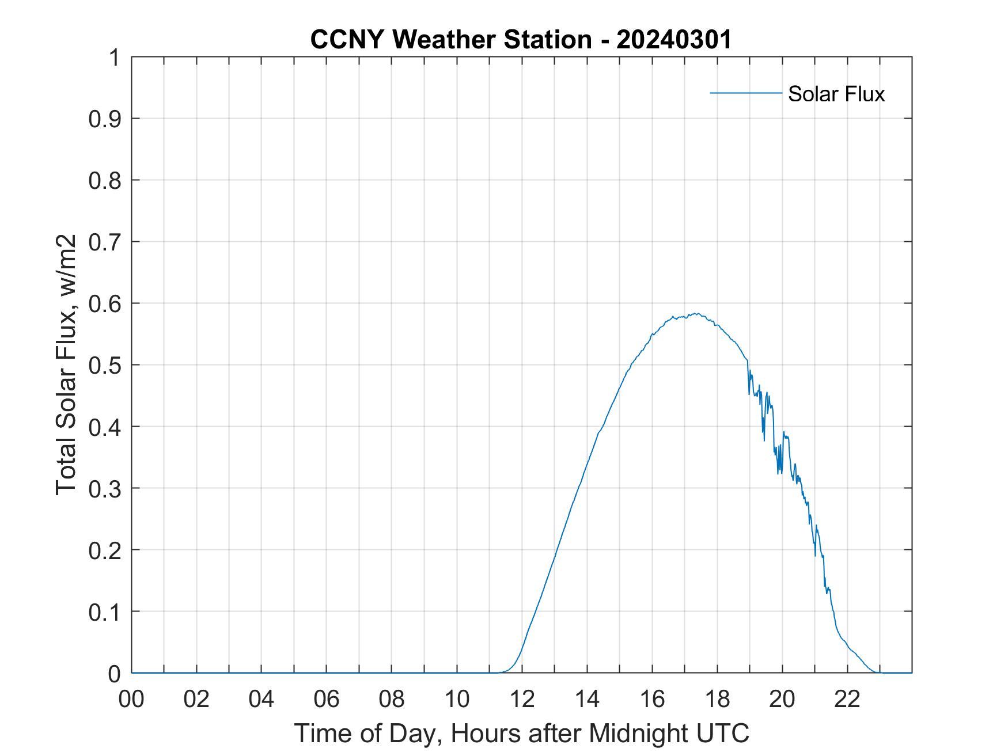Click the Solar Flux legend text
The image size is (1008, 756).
click(x=836, y=94)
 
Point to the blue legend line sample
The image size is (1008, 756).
click(x=745, y=93)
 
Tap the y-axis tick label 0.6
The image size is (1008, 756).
click(x=104, y=304)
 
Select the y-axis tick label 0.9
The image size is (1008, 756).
click(x=104, y=119)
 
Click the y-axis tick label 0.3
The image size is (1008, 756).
click(x=104, y=489)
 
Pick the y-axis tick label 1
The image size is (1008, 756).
click(x=114, y=58)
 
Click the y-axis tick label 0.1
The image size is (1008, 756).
click(x=104, y=612)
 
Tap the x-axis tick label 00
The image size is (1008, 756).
click(x=131, y=700)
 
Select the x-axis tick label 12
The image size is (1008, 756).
click(x=522, y=700)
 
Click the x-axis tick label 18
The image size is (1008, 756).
click(x=717, y=700)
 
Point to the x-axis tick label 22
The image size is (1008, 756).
click(x=847, y=700)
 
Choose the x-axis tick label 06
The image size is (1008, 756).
click(x=327, y=700)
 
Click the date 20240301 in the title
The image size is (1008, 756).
click(x=674, y=40)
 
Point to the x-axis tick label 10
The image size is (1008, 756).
click(x=457, y=700)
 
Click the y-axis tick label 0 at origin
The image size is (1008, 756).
click(x=114, y=674)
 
